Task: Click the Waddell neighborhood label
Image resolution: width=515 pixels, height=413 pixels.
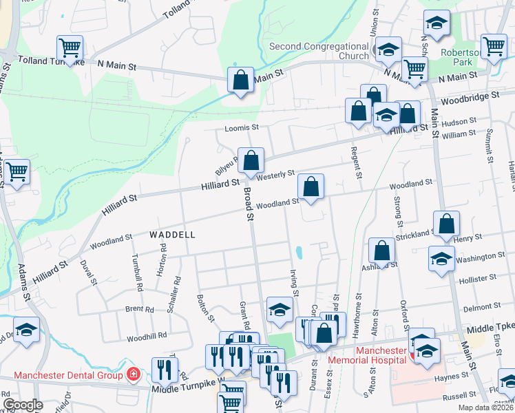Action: point(172,235)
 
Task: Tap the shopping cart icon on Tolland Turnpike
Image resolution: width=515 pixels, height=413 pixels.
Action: point(70,48)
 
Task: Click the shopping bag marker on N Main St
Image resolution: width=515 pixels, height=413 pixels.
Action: point(240,80)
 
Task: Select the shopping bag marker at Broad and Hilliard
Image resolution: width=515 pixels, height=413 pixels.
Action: point(251,161)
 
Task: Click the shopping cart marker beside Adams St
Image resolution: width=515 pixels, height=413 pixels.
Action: point(17,171)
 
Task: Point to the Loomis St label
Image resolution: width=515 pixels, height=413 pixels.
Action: point(241,128)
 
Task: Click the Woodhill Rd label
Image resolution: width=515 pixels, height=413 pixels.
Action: point(147,336)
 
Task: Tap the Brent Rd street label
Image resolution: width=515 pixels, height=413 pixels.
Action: point(140,310)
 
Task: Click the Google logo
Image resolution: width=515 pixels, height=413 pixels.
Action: point(23,405)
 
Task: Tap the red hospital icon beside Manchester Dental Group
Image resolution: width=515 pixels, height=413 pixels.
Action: point(134,375)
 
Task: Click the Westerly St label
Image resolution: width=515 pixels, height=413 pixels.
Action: point(275,175)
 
